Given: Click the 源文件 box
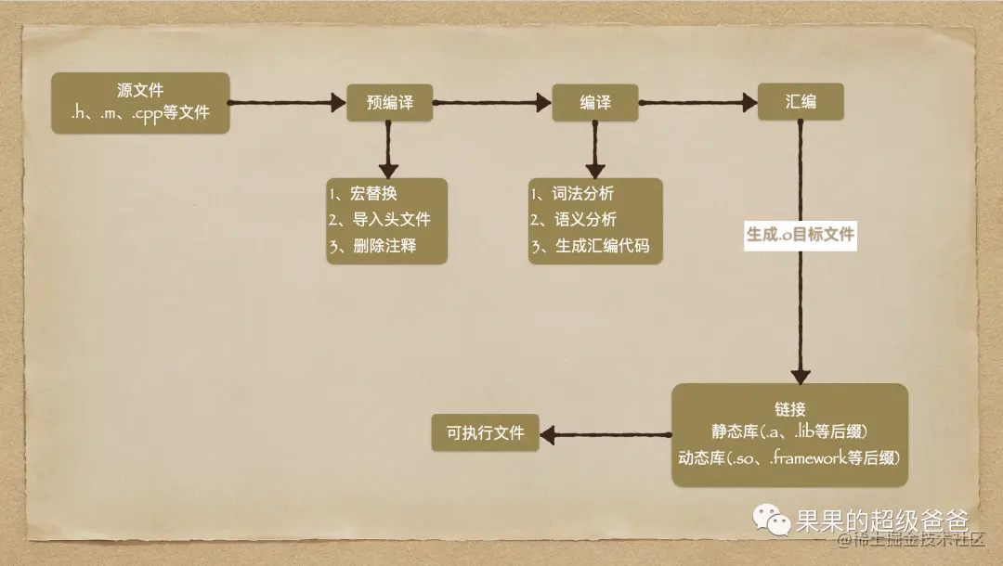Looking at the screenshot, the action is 140,103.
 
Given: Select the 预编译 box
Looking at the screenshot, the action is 390,103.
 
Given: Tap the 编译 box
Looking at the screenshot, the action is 595,103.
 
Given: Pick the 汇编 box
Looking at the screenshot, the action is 800,102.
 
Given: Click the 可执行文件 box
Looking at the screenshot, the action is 486,433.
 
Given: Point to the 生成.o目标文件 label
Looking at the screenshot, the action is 800,236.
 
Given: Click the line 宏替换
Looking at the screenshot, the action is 368,194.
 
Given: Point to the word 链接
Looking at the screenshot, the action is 789,409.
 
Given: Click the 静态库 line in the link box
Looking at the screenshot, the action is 789,433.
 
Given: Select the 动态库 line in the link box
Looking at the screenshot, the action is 789,458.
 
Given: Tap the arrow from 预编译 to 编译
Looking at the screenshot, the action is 492,103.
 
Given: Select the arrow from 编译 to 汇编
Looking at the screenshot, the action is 697,103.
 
